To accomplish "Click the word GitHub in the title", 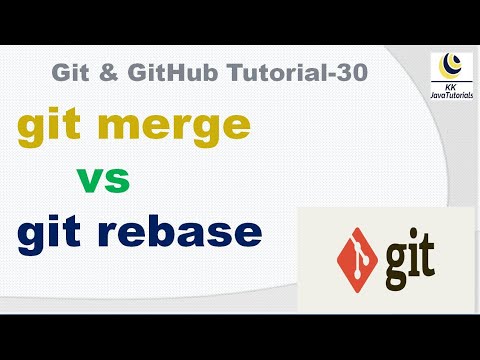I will pyautogui.click(x=164, y=72).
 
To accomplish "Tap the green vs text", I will pyautogui.click(x=103, y=182).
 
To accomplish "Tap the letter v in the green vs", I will pyautogui.click(x=90, y=183).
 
